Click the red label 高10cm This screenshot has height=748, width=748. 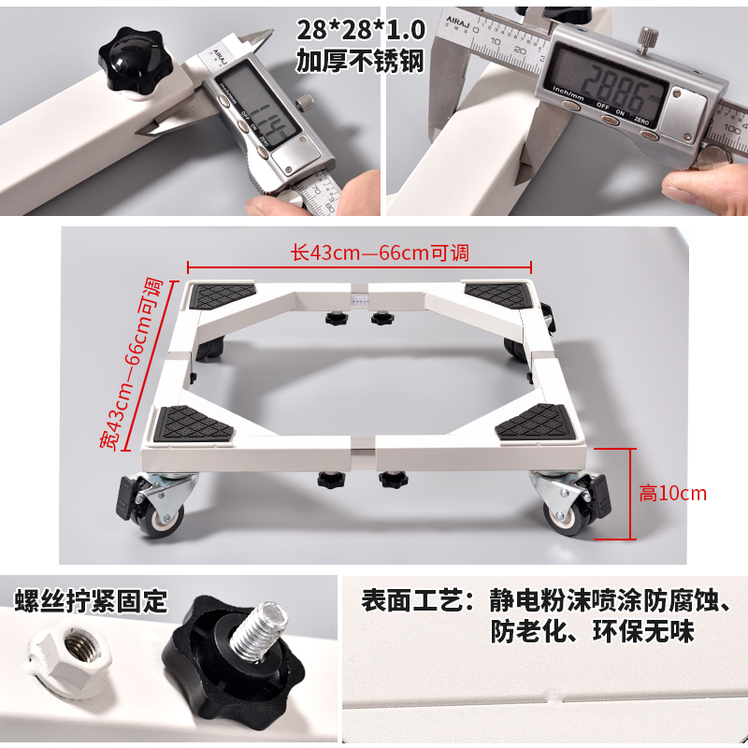[673, 494]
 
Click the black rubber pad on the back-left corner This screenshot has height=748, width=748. [223, 296]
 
